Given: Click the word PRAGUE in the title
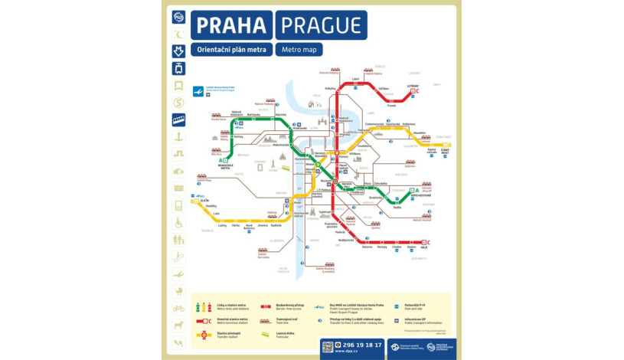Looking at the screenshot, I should (x=321, y=25).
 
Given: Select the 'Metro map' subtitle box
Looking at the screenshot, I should (x=299, y=49).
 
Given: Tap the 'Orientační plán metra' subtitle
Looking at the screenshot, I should (x=231, y=49).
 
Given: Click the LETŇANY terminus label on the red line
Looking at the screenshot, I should (x=412, y=87).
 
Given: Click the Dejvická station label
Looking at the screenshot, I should (x=281, y=115).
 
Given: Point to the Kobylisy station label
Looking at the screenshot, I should (x=330, y=87).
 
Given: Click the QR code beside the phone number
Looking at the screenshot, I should (x=328, y=347).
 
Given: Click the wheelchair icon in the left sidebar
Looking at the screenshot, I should (x=178, y=223).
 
